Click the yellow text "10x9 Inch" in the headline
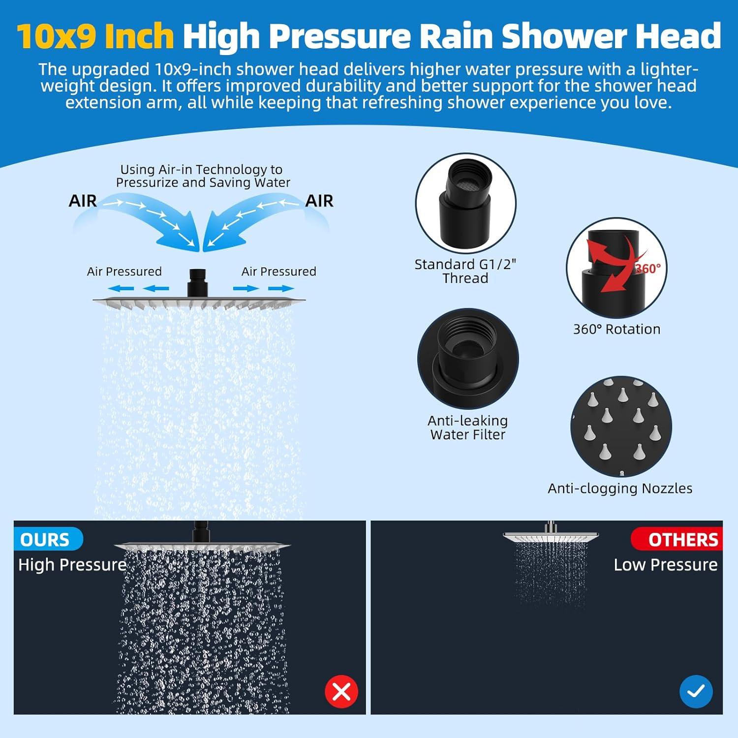point(95,36)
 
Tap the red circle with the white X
point(341,691)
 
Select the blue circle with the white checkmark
point(696,691)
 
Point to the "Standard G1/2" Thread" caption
point(465,271)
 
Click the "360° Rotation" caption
point(616,329)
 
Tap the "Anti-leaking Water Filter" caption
point(467,428)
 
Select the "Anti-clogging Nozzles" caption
point(620,488)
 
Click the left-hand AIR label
point(83,201)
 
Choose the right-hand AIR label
point(319,201)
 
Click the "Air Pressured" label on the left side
point(124,272)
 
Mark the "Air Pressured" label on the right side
point(278,272)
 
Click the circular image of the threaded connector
point(465,204)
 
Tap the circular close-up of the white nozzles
point(621,427)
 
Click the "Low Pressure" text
point(665,565)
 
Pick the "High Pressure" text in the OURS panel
point(72,565)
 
